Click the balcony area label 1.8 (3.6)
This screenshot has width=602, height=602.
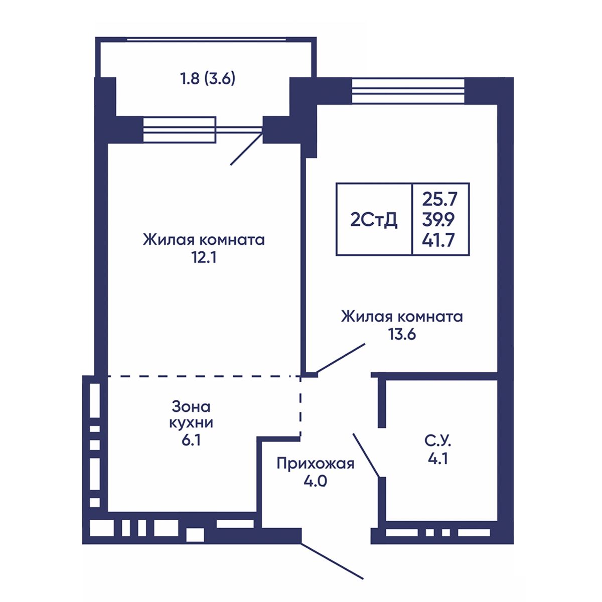[208, 79]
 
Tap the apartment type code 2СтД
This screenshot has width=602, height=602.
[374, 220]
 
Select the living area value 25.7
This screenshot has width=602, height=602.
[440, 199]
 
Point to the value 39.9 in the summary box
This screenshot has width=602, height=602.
[438, 220]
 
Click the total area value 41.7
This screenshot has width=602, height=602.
[438, 241]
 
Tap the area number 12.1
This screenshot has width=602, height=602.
[204, 258]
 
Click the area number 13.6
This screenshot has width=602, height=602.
[402, 334]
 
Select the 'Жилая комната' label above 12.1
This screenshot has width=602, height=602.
[204, 240]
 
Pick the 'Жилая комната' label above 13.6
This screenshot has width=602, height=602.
[402, 317]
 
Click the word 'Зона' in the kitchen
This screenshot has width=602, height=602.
[191, 406]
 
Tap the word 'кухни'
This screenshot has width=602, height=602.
[191, 423]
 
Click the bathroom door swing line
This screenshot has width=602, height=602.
[366, 455]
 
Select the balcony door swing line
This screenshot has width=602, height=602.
[246, 149]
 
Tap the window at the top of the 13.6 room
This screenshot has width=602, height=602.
[408, 91]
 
